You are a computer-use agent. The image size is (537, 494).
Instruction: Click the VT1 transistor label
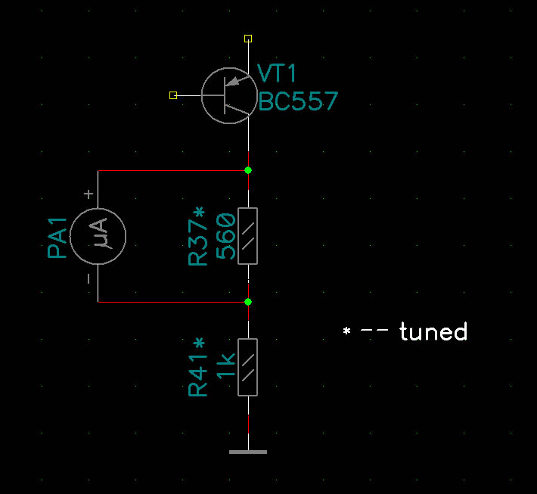click(x=277, y=73)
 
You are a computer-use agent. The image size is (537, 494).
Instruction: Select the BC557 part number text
click(x=297, y=101)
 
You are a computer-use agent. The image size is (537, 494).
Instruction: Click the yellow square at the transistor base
click(x=173, y=95)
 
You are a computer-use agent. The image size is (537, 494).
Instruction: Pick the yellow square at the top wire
click(x=248, y=38)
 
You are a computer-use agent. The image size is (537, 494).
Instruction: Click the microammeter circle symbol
click(x=98, y=236)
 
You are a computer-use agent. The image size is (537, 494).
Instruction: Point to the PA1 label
click(x=58, y=238)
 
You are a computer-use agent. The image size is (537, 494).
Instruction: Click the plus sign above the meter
click(x=88, y=194)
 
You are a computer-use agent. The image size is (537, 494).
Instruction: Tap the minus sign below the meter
click(x=88, y=279)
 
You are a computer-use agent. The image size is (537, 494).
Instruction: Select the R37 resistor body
click(x=248, y=236)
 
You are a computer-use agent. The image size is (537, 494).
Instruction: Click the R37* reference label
click(x=198, y=237)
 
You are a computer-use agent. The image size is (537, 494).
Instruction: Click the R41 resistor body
click(x=248, y=367)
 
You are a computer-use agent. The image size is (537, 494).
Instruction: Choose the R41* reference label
click(x=198, y=367)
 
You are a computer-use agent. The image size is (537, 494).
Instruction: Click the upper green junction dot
click(x=248, y=170)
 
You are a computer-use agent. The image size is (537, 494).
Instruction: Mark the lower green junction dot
click(x=248, y=302)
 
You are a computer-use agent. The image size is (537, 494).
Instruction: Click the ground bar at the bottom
click(x=248, y=452)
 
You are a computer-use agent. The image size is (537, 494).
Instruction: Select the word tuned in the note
click(x=433, y=331)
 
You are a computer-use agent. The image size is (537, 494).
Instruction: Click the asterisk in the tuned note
click(x=346, y=331)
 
